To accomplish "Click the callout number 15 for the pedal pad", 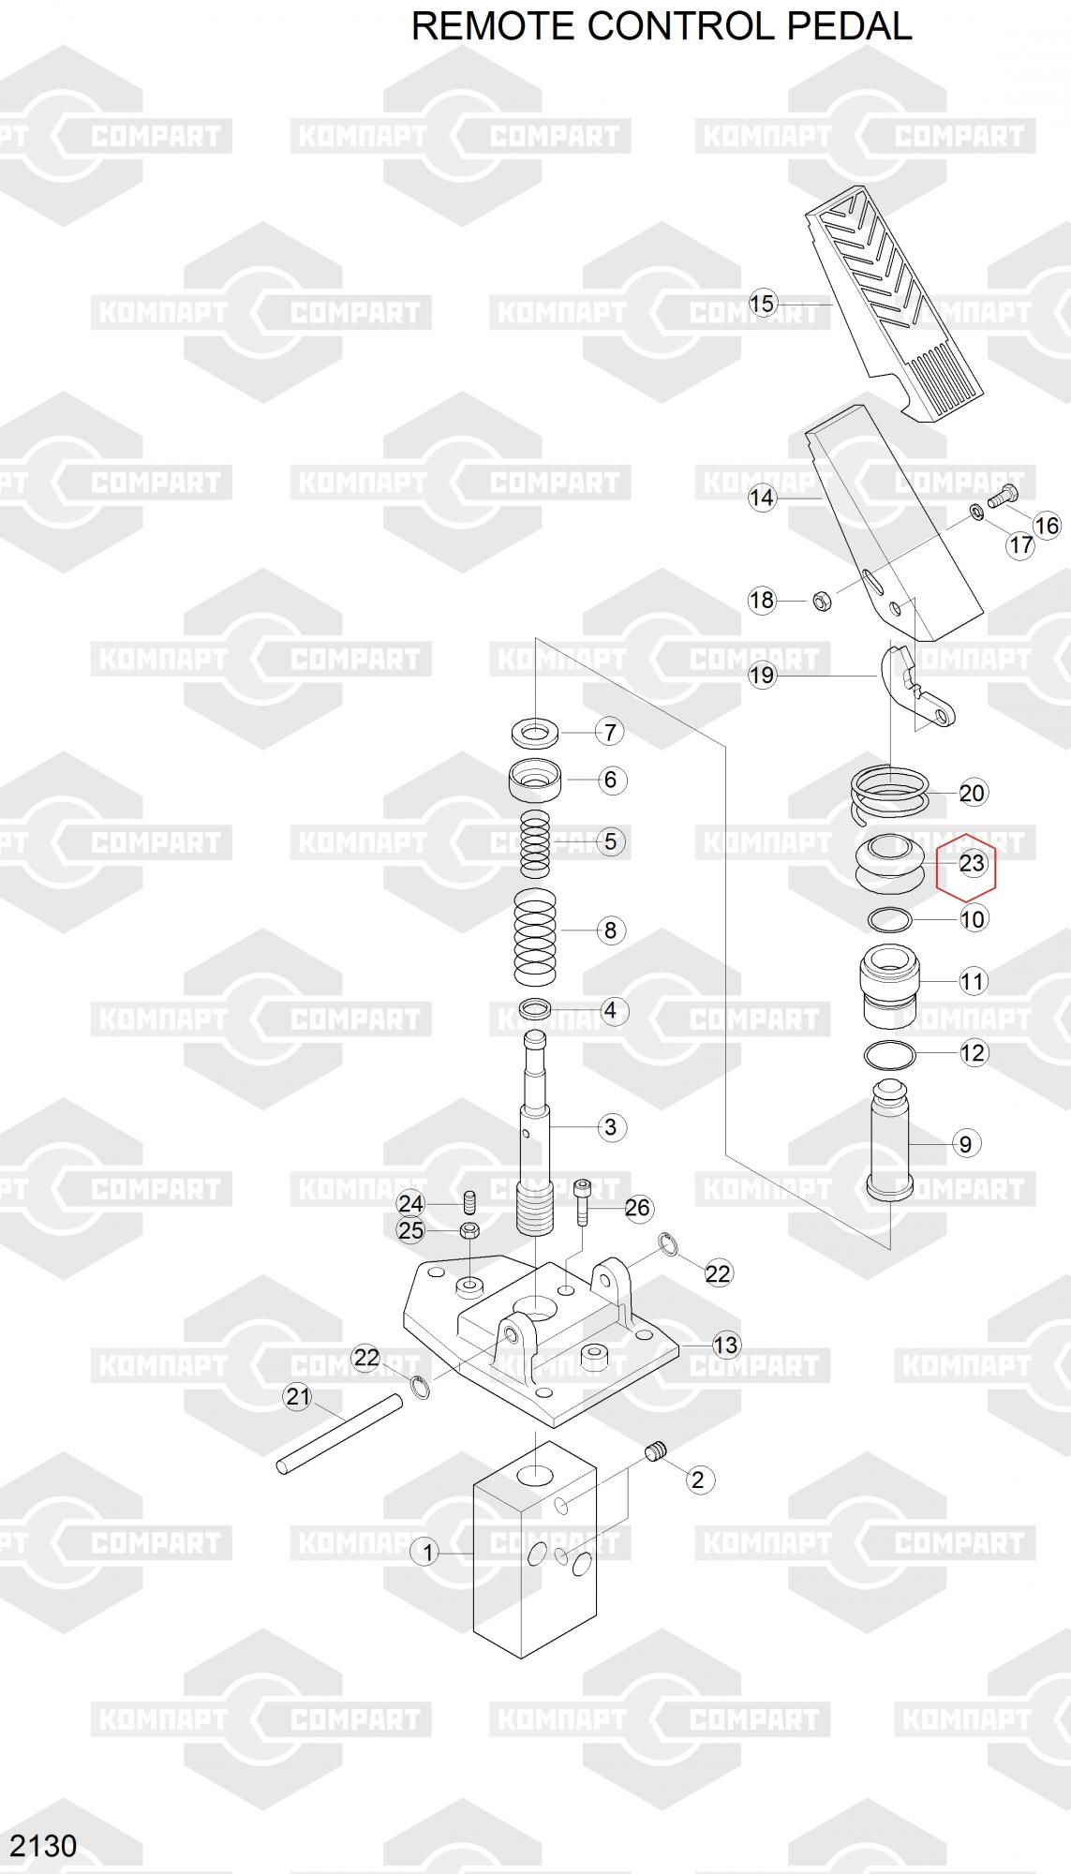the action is point(763,303).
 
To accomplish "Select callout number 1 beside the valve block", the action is point(427,1553).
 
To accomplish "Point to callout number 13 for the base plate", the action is point(726,1345).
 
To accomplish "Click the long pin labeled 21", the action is point(339,1434).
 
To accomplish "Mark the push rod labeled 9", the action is point(890,1139).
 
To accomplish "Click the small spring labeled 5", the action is point(536,840).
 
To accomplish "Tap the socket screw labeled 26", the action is point(583,1202).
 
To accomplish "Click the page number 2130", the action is point(43,1845).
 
